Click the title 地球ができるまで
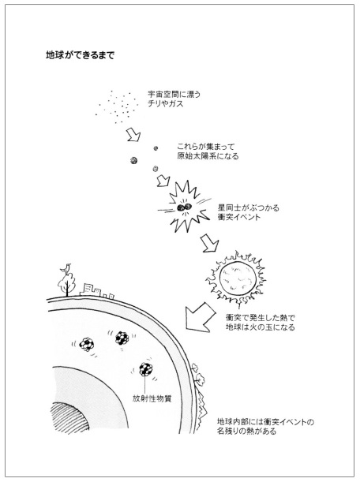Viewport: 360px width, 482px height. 80,55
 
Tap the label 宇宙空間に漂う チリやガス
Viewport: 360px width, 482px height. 174,99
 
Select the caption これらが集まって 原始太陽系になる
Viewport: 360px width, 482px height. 208,151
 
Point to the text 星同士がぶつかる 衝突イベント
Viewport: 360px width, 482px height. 249,212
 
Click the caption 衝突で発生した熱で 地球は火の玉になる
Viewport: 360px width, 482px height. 260,322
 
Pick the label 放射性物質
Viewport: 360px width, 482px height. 152,398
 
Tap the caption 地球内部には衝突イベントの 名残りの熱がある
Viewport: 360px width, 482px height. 265,426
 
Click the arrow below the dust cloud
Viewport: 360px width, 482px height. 133,135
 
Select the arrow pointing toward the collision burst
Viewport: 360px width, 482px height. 163,181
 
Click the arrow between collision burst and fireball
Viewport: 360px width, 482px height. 209,243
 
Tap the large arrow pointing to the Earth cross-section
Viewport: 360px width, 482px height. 201,317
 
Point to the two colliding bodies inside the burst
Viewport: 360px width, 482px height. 184,207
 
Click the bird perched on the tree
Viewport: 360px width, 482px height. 66,268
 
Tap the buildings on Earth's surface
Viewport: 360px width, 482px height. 97,291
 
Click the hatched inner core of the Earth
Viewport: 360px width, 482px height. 68,417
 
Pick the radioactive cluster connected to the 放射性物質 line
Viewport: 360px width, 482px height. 146,370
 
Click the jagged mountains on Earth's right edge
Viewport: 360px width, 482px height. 201,405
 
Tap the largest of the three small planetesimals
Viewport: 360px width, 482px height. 134,160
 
